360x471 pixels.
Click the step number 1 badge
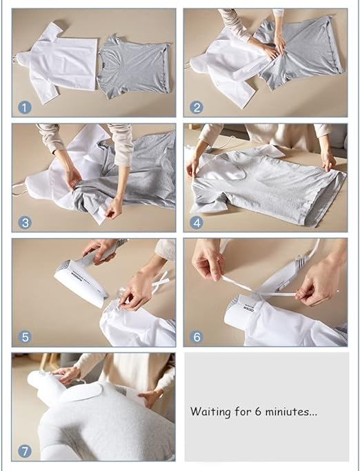(x=25, y=108)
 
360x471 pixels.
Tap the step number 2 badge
(x=197, y=108)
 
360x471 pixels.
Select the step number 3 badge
(x=25, y=223)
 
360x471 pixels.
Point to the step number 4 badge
(x=197, y=223)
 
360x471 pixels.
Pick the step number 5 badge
(x=25, y=337)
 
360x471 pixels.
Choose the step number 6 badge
(x=197, y=337)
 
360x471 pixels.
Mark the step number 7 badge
(x=25, y=452)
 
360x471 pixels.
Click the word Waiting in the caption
(x=210, y=412)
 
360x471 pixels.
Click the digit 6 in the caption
(x=258, y=412)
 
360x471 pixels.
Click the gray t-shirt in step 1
(x=134, y=67)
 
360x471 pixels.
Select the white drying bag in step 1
(x=57, y=63)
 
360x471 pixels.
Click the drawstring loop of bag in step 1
(x=14, y=59)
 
